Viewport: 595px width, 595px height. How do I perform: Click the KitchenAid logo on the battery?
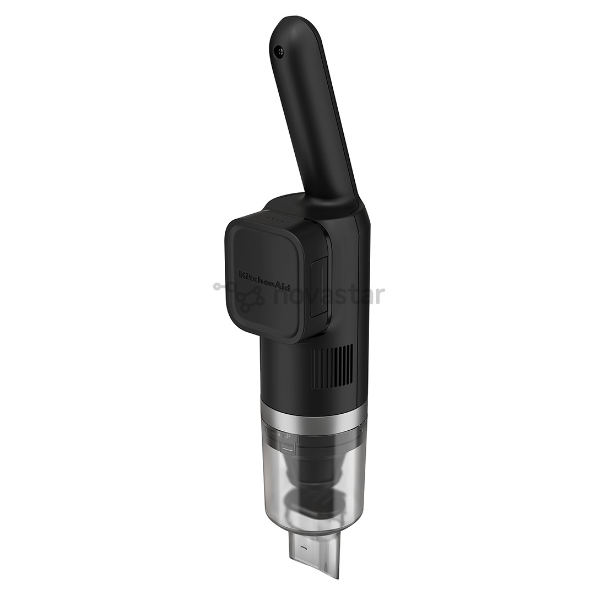(265, 282)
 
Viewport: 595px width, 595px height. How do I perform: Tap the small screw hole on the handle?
(280, 51)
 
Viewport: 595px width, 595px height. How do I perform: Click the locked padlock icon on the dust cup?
(280, 436)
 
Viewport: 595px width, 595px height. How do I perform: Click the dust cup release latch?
(288, 448)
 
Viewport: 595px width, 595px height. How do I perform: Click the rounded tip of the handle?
(292, 28)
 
